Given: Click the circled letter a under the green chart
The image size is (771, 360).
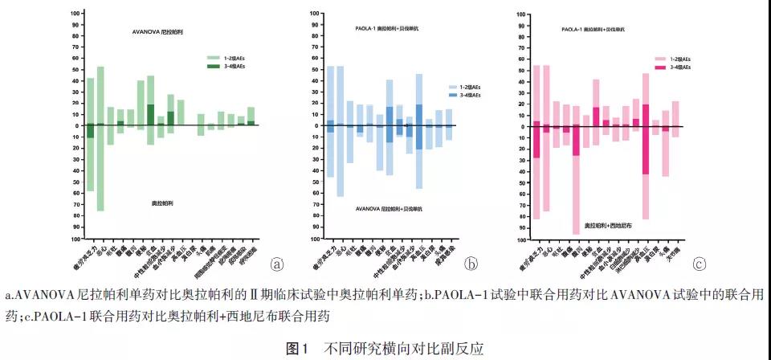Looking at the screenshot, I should click(277, 264).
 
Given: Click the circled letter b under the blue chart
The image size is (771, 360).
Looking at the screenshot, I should click(472, 264).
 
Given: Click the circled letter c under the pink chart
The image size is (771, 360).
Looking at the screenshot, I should click(700, 264).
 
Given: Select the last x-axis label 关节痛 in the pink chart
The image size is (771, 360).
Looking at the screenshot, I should click(672, 248).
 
